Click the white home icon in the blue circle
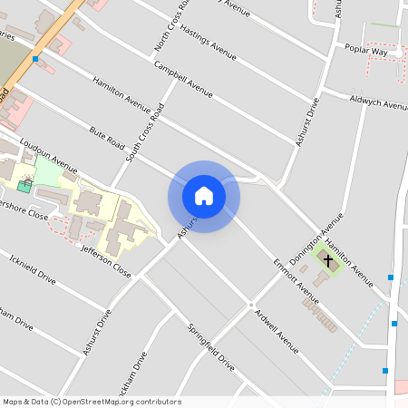tap(203, 196)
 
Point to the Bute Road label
tap(106, 139)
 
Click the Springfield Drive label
tap(210, 347)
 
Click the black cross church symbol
tap(326, 262)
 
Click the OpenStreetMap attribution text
tap(92, 401)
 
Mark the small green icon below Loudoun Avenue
tap(24, 186)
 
